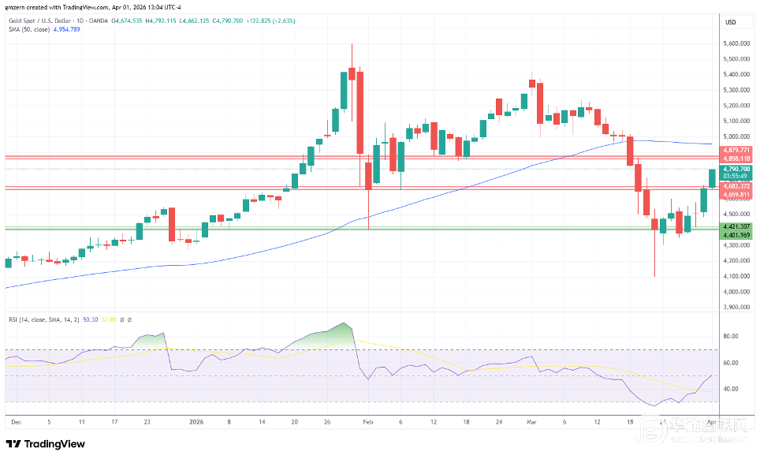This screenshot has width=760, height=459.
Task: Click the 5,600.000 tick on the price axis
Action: click(736, 43)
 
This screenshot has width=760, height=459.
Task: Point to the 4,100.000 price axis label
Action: click(736, 276)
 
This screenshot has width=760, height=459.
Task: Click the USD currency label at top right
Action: click(731, 21)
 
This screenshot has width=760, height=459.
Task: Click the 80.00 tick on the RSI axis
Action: click(731, 336)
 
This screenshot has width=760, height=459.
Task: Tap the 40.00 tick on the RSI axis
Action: click(731, 389)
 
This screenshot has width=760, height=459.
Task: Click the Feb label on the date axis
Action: click(367, 422)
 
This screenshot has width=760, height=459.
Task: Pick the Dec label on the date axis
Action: click(16, 422)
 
